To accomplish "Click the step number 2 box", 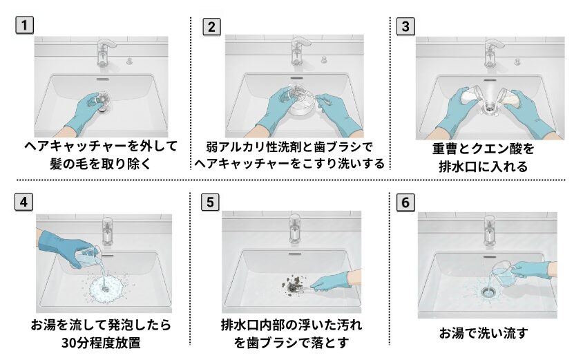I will point(211,26).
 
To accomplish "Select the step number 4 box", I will point(24,202).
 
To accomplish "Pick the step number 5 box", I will point(211,202).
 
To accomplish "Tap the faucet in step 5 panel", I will point(296,227).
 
